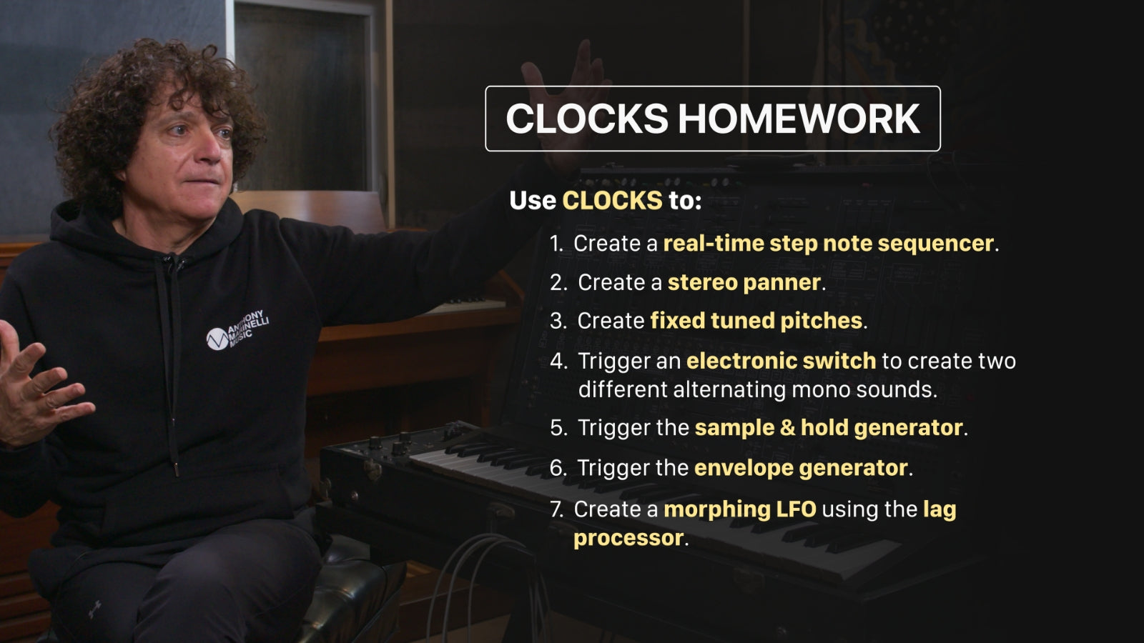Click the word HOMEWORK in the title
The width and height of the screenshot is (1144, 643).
799,119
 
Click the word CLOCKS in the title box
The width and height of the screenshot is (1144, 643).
587,119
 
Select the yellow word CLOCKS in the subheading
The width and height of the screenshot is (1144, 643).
612,200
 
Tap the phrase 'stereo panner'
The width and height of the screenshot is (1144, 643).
744,283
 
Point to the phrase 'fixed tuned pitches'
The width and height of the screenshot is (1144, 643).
756,321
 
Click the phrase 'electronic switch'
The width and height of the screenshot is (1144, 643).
781,361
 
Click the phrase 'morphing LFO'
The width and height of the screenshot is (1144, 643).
740,510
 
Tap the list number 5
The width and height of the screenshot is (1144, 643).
557,428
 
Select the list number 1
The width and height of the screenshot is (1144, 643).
555,244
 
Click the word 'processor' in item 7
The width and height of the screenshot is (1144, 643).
628,539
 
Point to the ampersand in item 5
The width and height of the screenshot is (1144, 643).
787,428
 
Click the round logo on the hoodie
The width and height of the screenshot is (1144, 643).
217,339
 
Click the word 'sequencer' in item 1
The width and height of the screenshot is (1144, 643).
936,244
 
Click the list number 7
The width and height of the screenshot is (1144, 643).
557,509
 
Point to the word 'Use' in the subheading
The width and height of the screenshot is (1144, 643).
533,200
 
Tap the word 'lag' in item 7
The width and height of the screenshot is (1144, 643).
940,510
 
